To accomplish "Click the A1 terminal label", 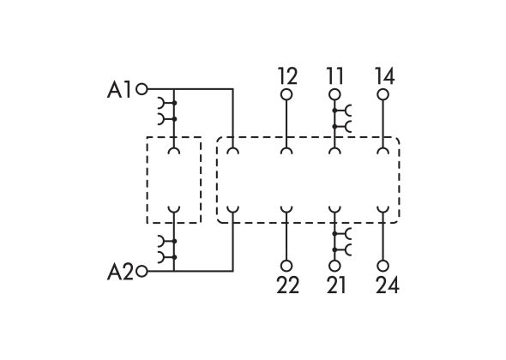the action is pos(119,90).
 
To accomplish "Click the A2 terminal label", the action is pos(120,272).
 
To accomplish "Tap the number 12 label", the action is pos(287,76).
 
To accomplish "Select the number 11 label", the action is pos(335,76).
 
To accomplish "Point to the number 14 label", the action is pos(384,76).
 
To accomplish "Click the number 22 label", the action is pos(287,285).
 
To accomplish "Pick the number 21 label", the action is pos(336,285).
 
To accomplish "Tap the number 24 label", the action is pos(388,285).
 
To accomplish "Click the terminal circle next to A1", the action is pos(142,88).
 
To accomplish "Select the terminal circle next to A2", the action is pos(142,272).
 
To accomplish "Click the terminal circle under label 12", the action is pos(286,95).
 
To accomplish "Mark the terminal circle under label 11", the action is pos(334,95).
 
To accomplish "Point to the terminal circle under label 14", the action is pos(383,95).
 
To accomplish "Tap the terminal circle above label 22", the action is pos(286,266).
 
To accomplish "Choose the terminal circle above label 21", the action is pos(334,266).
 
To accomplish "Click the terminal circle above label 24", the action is pos(383,266).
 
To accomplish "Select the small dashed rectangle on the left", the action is pos(147,180).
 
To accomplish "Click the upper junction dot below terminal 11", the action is pos(334,111).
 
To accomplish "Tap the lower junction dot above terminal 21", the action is pos(334,249).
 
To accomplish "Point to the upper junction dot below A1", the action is pos(174,103).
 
